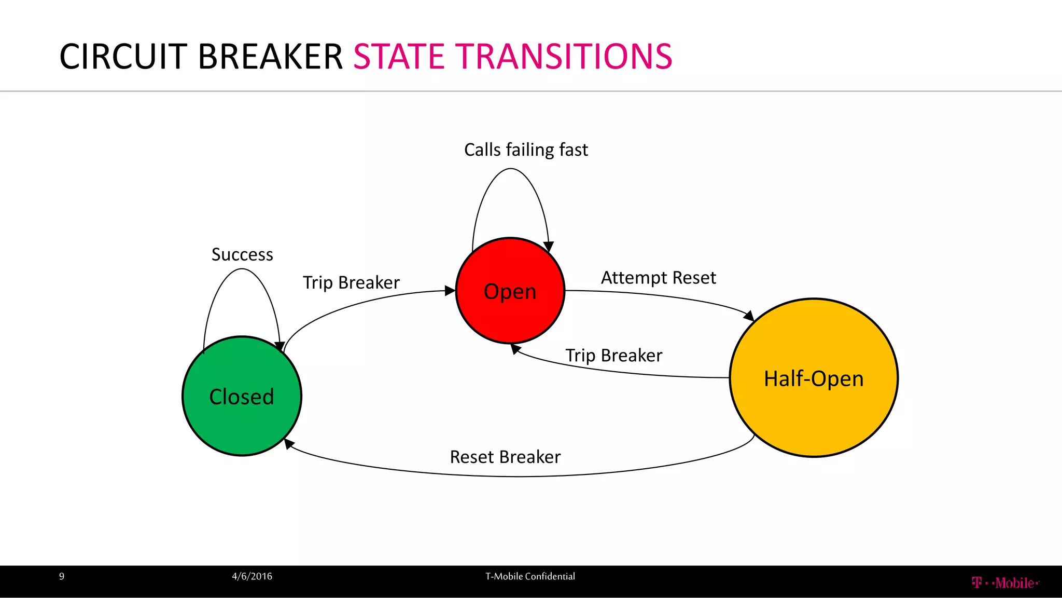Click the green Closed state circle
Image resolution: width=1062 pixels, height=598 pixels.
tap(242, 397)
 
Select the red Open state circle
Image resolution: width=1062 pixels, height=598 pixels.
tap(510, 291)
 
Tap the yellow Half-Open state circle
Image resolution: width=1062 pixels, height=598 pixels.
tap(814, 378)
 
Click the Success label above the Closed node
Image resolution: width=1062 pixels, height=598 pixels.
tap(242, 254)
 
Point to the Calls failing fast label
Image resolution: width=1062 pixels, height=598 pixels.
tap(526, 149)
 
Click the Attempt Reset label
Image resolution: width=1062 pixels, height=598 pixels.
tap(658, 278)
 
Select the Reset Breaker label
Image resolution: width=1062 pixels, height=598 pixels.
tap(505, 457)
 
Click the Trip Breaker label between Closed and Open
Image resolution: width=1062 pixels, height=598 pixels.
tap(351, 282)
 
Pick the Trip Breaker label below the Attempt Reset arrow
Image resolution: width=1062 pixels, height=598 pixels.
tap(613, 356)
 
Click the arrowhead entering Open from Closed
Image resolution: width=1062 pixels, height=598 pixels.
tap(450, 291)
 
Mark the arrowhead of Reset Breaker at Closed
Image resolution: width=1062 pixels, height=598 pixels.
tap(289, 443)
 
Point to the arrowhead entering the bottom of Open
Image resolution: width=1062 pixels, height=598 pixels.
tap(515, 349)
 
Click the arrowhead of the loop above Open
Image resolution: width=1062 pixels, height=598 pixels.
tap(549, 247)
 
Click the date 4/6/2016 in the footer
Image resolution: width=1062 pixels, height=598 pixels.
tap(252, 576)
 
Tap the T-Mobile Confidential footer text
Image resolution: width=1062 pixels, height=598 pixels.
tap(530, 576)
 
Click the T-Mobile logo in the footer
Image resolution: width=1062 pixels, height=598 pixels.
tap(1005, 583)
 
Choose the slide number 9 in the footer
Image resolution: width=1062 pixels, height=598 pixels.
tap(62, 576)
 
